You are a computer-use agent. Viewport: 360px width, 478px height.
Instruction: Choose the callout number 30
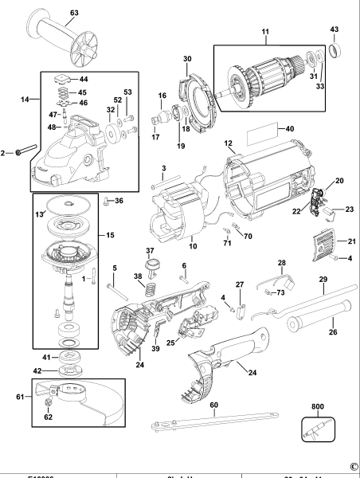187,59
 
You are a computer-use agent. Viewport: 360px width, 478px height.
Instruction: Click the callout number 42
46,370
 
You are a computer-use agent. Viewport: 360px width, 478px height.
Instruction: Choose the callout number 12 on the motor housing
228,143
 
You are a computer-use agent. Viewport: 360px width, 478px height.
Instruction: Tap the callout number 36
120,200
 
